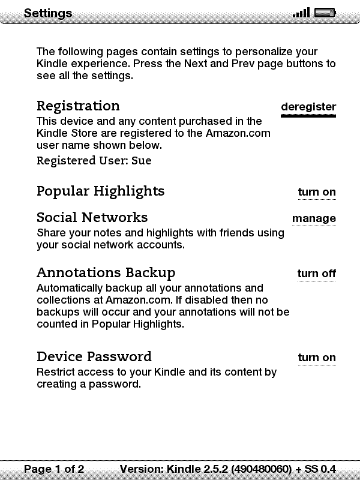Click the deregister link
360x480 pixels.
(308, 107)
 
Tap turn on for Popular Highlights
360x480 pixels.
(317, 192)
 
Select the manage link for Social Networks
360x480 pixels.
(314, 218)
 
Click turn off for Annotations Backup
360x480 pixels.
(316, 274)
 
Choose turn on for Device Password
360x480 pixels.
(317, 358)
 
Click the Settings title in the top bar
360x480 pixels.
(48, 13)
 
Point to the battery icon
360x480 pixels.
(325, 13)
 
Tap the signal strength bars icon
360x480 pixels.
(301, 13)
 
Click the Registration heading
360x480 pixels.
(78, 106)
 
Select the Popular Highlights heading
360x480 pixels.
(100, 191)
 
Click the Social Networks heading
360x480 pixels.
(92, 217)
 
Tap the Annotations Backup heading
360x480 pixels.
(106, 273)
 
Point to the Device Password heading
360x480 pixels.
(94, 357)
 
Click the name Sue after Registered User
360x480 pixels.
(142, 161)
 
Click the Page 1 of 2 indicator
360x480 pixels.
(54, 469)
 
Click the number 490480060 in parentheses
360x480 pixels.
(262, 469)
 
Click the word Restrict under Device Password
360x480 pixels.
(56, 372)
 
